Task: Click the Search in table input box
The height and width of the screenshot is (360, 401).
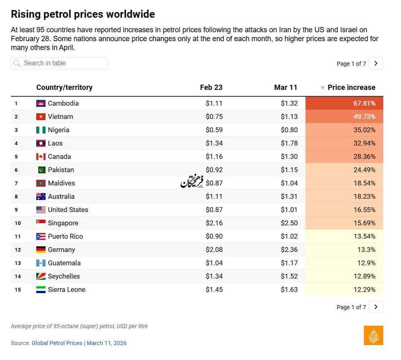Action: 59,63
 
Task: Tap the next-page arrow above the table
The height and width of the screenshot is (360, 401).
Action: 376,63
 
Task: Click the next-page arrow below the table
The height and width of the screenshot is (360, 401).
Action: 376,307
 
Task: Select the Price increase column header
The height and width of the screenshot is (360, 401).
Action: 351,88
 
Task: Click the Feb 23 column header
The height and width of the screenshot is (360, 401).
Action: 211,88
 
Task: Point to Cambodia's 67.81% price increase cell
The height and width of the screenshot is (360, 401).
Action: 344,103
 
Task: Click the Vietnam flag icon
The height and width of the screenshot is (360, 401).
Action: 41,117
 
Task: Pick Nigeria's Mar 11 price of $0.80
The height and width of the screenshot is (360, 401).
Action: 289,130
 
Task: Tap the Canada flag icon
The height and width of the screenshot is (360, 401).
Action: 41,157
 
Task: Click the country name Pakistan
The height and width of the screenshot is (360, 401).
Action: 61,170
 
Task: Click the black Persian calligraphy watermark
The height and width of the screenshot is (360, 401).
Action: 192,181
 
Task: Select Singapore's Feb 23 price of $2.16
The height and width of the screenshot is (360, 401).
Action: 214,223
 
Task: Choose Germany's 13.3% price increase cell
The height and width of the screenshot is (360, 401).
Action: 344,250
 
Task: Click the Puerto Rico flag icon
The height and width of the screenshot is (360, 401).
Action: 41,236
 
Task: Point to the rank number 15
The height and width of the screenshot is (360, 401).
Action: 18,290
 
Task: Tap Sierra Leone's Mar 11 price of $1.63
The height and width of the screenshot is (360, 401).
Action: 289,290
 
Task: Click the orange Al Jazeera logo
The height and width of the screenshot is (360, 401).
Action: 374,335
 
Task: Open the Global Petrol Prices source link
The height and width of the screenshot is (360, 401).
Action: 57,343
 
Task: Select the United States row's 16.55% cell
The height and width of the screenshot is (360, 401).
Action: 344,210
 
